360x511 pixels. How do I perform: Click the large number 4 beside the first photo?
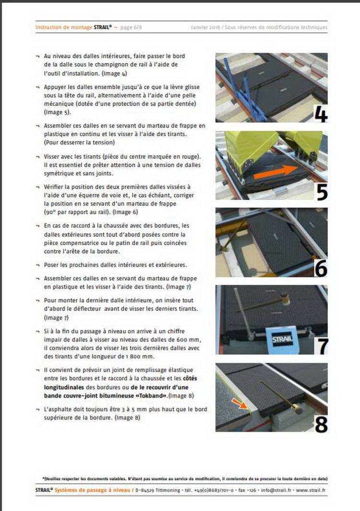(x=321, y=114)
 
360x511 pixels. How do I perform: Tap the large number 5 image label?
(x=322, y=191)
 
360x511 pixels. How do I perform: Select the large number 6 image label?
(x=321, y=268)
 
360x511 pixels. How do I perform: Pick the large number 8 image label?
(x=321, y=424)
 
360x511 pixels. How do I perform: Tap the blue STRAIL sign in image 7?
(x=282, y=339)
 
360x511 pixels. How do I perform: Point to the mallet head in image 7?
(x=286, y=299)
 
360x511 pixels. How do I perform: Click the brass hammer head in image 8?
(x=297, y=408)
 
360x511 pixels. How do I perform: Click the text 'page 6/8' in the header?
(x=131, y=27)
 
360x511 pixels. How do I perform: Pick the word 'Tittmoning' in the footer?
(x=168, y=490)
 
